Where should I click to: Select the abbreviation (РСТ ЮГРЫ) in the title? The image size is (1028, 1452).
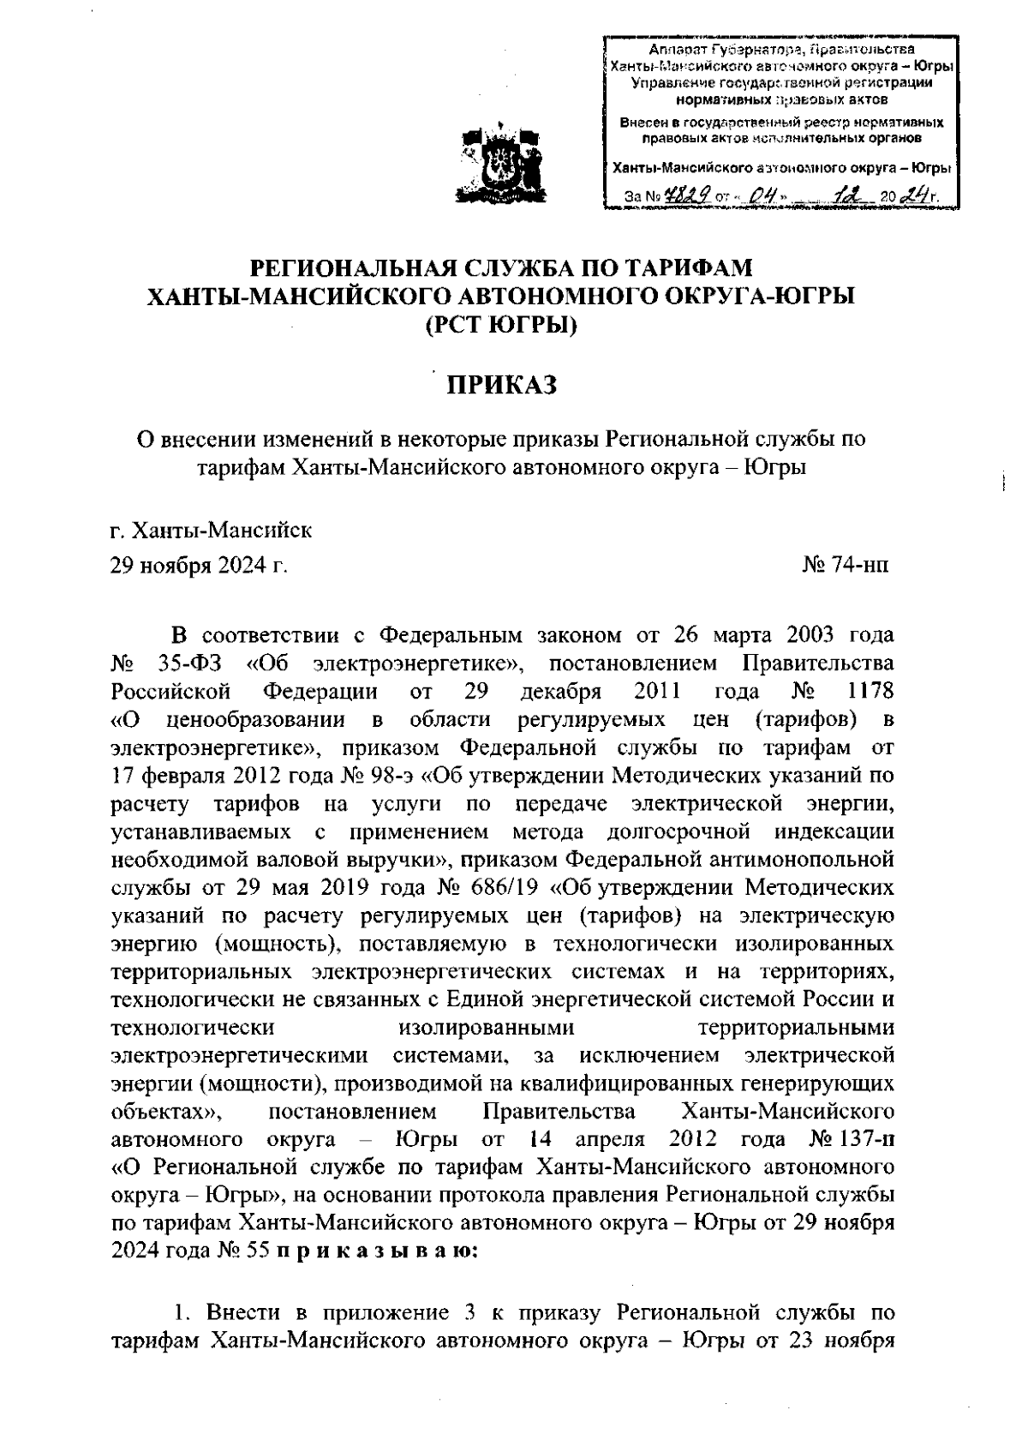pyautogui.click(x=502, y=325)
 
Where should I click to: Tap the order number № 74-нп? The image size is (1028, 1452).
pyautogui.click(x=846, y=565)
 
